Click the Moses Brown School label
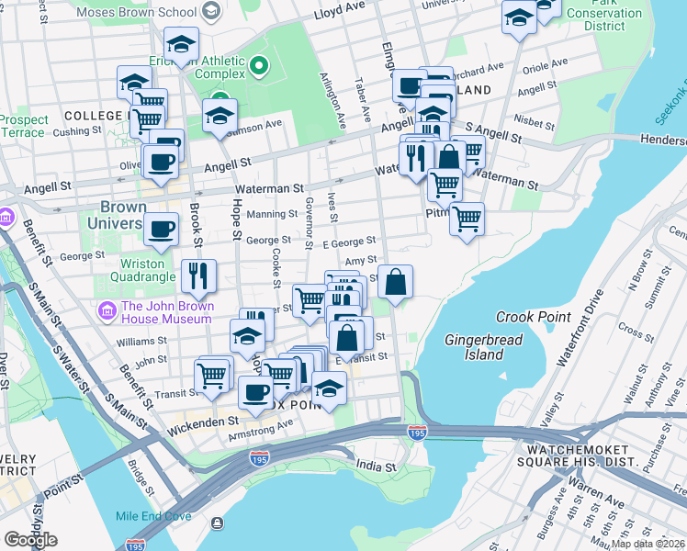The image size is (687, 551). coord(136,12)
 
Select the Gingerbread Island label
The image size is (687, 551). coord(473,347)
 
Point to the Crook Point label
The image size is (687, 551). coord(527,317)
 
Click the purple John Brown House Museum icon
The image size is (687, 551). coord(108,312)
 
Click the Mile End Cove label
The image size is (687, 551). coord(153,516)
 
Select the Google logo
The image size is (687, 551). coord(30,540)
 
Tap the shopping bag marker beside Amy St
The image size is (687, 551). coord(395,283)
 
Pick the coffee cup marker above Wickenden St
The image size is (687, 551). coord(255,392)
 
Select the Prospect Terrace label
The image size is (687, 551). coord(23,126)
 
